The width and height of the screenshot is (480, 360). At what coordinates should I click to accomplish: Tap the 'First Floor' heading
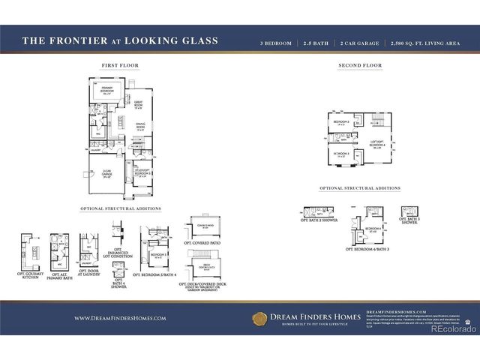tap(119, 66)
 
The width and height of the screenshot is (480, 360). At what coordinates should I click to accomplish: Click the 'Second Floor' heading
tap(359, 66)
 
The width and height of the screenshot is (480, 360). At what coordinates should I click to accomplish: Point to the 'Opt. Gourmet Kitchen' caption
tap(31, 275)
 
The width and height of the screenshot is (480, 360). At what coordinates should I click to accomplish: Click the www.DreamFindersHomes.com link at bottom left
tap(120, 318)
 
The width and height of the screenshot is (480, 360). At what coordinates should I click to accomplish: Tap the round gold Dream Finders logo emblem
tap(259, 318)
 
